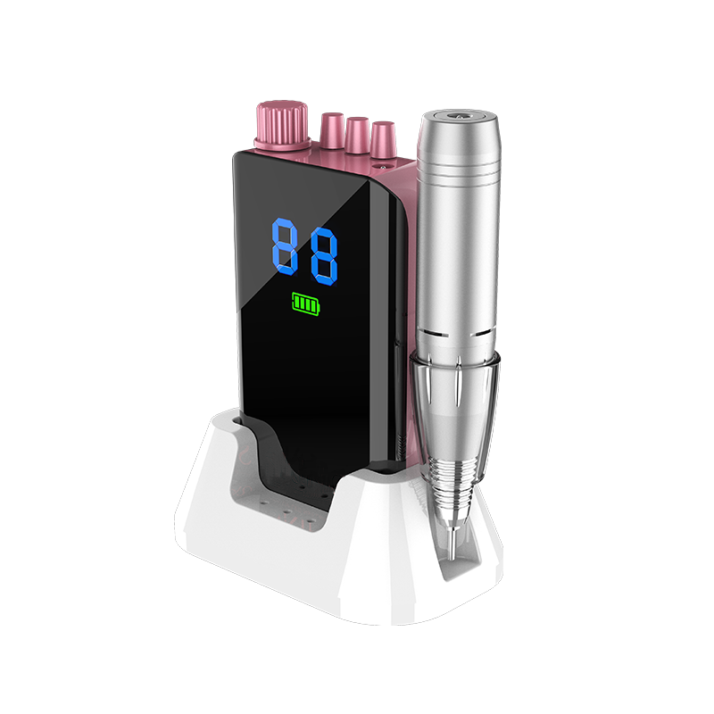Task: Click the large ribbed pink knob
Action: tap(283, 125)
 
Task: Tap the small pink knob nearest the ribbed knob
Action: tap(332, 129)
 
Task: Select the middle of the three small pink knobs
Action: tap(358, 135)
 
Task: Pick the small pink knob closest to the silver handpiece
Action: tap(384, 139)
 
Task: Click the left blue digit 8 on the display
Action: tap(285, 246)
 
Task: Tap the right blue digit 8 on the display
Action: tap(324, 256)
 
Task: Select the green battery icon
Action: tap(306, 303)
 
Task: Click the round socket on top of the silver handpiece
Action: tap(457, 115)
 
